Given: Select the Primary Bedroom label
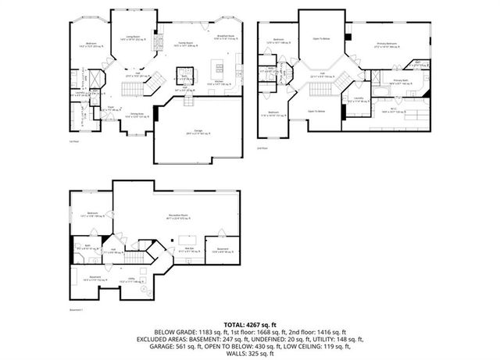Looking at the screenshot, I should point(386,44).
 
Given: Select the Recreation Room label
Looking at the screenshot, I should point(181,217).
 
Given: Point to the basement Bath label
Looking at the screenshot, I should point(88,247).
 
